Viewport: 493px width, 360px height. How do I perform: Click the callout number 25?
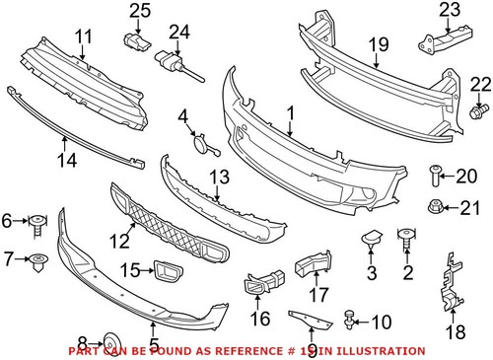138,11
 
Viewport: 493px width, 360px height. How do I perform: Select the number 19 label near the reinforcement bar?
378,44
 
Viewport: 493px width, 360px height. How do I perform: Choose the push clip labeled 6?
37,221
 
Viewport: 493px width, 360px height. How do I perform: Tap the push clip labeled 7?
38,262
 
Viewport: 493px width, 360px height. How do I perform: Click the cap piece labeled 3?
372,237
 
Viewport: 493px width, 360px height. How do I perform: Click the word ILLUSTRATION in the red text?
380,351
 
